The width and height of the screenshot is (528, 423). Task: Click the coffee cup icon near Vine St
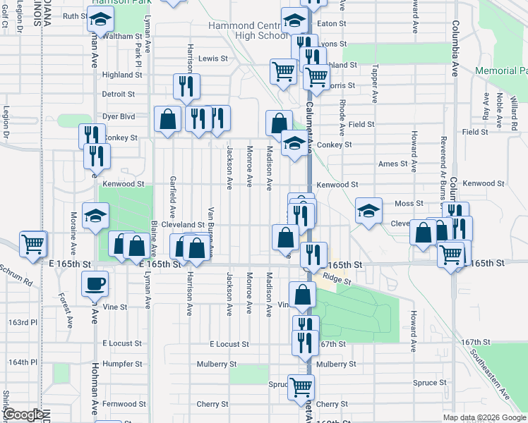95,284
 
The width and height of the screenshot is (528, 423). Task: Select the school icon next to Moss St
368,210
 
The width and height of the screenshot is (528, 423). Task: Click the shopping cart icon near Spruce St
301,386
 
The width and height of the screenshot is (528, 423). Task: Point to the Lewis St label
213,59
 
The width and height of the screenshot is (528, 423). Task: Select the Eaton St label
332,23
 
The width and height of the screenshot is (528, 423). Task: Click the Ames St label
393,164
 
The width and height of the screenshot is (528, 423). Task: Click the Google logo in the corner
24,415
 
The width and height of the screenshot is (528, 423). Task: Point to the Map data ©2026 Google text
484,417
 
